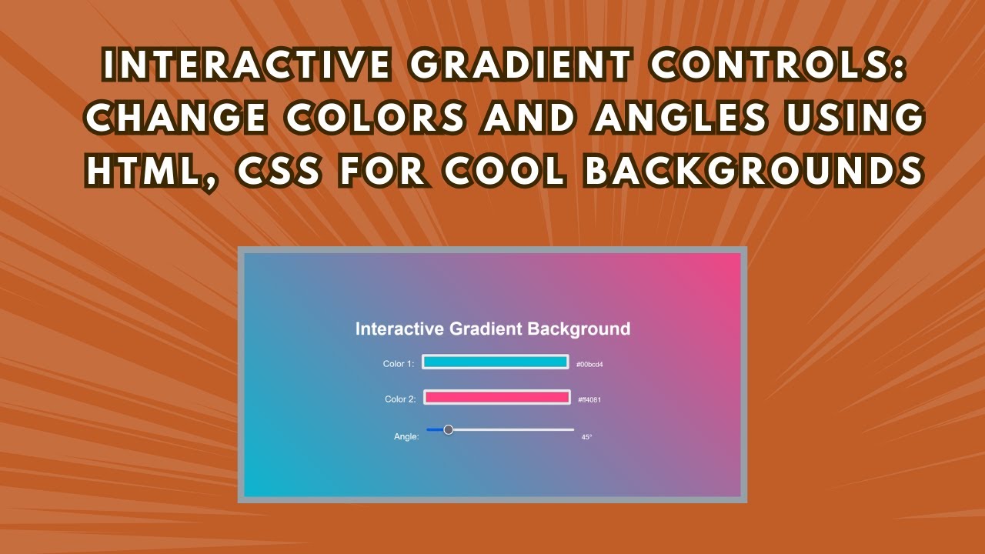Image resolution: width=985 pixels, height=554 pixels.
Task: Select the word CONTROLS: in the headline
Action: click(x=777, y=65)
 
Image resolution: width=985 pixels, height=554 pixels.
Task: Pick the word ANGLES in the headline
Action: click(x=681, y=118)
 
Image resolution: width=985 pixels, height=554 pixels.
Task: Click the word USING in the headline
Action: click(x=855, y=118)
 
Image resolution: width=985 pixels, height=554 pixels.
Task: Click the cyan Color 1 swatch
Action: click(x=495, y=362)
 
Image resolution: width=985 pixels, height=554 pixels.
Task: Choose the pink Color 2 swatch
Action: click(x=497, y=398)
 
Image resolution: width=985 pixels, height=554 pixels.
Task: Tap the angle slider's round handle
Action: click(x=449, y=429)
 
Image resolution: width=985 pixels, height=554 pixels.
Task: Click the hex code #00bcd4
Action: click(x=589, y=365)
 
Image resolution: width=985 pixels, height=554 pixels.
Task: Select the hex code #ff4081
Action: click(x=589, y=399)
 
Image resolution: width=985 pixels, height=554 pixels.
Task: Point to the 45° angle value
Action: click(x=586, y=437)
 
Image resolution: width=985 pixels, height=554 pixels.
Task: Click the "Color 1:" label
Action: click(x=399, y=364)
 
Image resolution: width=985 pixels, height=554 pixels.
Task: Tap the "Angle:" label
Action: click(x=406, y=436)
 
